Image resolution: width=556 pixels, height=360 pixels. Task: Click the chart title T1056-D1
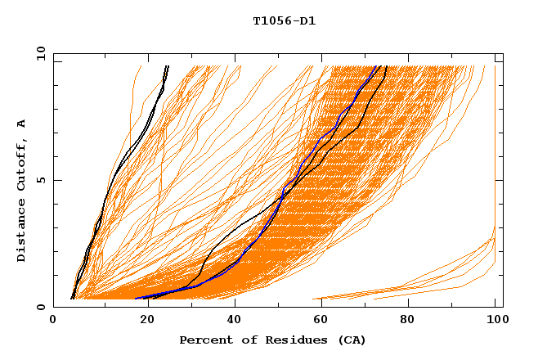[x=284, y=21]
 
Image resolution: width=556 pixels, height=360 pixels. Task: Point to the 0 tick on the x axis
[x=53, y=321]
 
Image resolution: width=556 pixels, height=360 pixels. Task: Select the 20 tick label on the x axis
[x=141, y=321]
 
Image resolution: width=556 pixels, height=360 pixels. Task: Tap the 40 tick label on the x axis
[x=231, y=321]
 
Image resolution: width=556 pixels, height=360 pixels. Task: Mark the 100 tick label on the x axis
[x=495, y=321]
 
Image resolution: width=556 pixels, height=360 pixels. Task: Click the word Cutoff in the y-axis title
[x=22, y=169]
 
